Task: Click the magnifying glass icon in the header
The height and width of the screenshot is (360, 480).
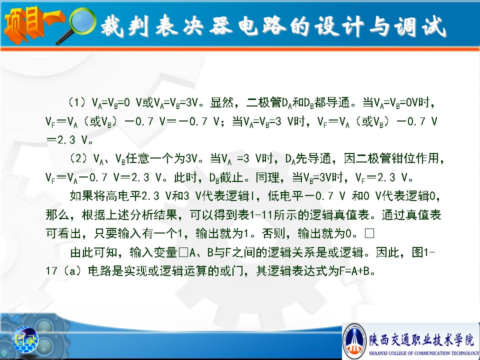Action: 80,24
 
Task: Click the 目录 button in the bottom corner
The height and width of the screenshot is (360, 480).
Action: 25,339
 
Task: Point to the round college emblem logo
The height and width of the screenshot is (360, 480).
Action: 354,341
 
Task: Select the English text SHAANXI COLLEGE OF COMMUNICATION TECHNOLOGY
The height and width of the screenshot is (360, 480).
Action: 424,353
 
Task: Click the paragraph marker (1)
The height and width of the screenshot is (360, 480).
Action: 76,102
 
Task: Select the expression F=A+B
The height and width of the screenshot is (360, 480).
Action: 354,271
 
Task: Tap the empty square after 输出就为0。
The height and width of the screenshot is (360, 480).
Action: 369,233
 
